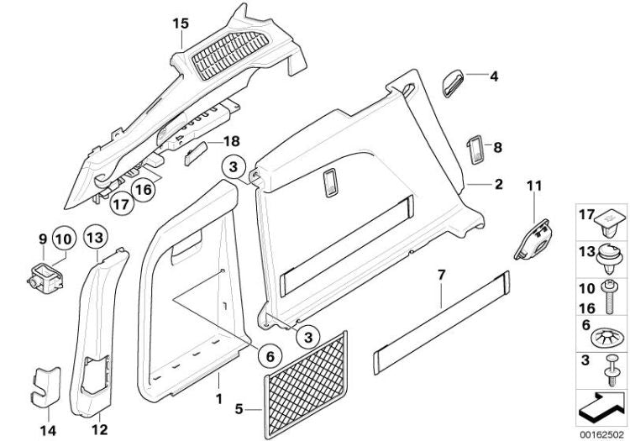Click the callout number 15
[181, 23]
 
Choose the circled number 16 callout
[143, 189]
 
